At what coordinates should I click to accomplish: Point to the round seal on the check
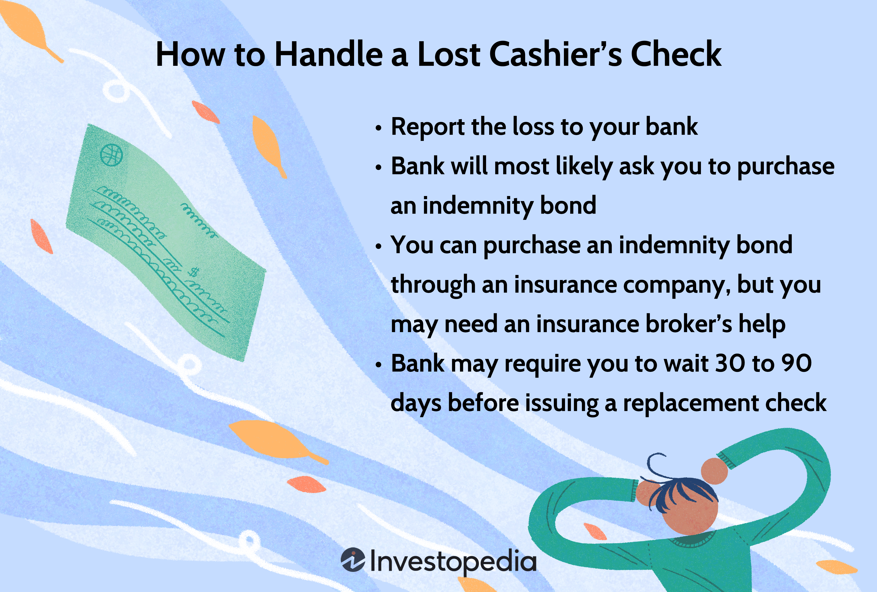tap(112, 155)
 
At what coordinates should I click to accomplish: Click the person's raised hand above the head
tap(714, 471)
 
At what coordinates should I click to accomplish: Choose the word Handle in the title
tap(328, 55)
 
